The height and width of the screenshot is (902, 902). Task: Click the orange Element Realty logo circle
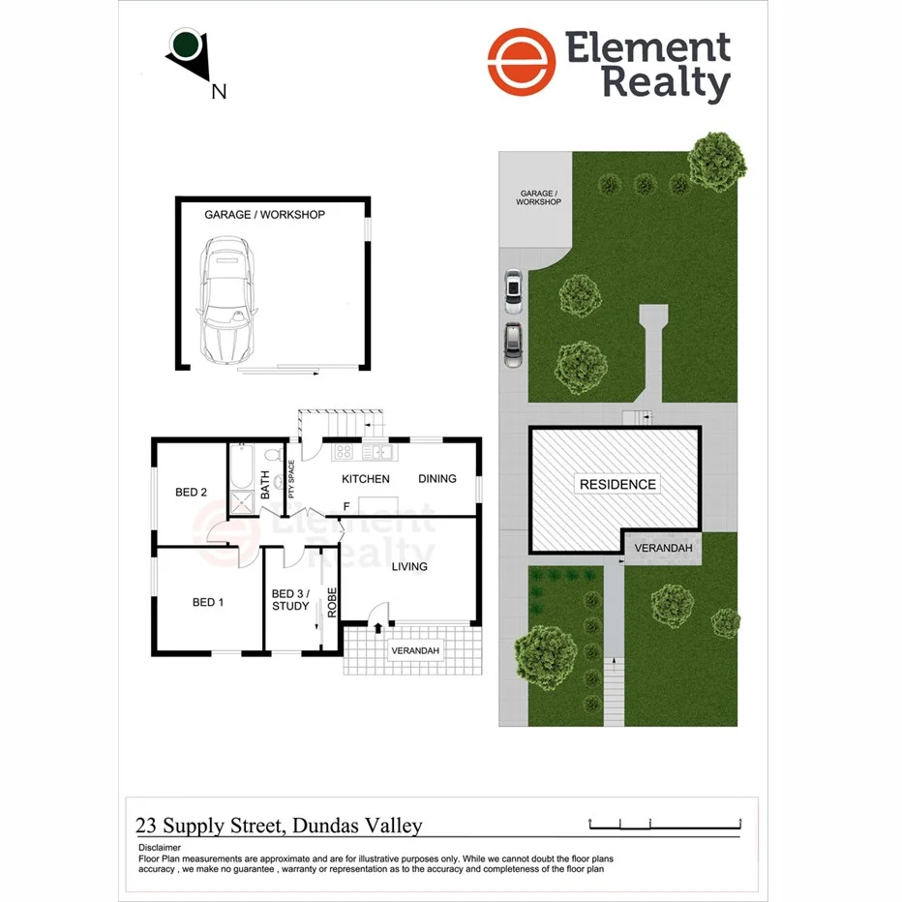[x=522, y=63]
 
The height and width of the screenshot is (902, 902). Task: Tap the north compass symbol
[x=187, y=48]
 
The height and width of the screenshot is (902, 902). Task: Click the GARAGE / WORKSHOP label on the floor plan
[x=264, y=215]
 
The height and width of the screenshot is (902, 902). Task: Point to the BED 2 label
[x=191, y=492]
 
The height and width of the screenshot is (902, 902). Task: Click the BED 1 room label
[x=208, y=602]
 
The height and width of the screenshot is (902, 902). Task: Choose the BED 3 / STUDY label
[x=290, y=600]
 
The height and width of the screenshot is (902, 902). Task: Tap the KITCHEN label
[x=366, y=479]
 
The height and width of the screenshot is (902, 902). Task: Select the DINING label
[x=436, y=479]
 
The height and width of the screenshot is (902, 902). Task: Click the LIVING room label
[x=409, y=566]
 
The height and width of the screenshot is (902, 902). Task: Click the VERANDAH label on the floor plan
[x=415, y=651]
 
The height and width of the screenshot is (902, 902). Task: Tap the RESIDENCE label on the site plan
[x=617, y=484]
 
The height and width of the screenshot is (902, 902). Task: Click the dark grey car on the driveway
[x=513, y=344]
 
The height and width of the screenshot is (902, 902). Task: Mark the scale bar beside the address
[x=666, y=824]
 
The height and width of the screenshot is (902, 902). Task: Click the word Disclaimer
[x=161, y=847]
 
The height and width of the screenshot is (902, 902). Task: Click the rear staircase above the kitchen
[x=341, y=424]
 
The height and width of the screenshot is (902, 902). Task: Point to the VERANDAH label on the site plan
[x=663, y=549]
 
